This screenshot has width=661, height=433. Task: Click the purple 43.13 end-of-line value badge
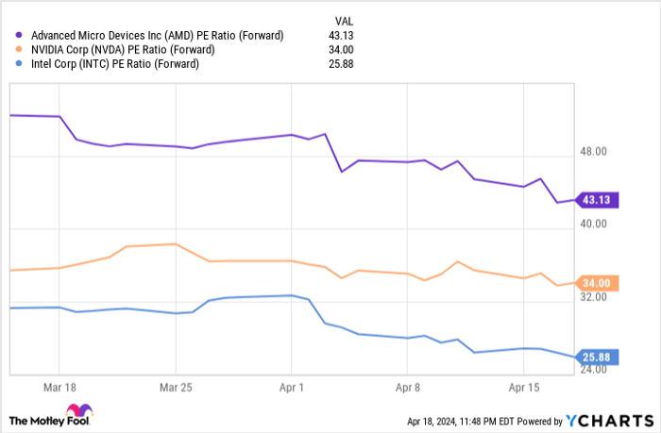[600, 200]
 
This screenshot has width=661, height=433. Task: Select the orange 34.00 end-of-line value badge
[601, 283]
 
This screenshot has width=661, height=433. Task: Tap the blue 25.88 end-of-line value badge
[601, 358]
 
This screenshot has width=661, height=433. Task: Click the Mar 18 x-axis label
[59, 387]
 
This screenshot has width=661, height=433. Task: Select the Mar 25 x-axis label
[175, 387]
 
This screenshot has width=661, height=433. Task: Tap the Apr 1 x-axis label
[292, 387]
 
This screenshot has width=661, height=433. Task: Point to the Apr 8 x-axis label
[408, 387]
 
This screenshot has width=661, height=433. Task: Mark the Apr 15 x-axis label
[524, 387]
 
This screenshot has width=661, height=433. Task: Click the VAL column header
[345, 21]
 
